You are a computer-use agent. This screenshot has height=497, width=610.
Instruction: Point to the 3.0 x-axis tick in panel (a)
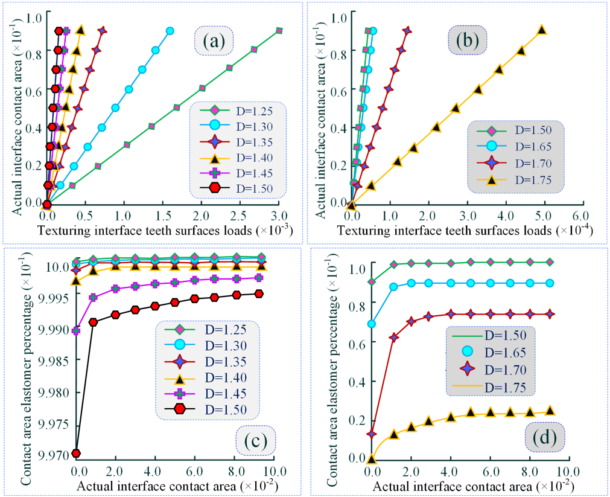(279, 215)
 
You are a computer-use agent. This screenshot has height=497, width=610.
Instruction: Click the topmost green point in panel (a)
(279, 30)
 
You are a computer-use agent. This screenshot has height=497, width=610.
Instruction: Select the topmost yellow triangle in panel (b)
(542, 30)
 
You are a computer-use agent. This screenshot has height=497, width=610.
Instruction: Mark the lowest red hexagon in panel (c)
(77, 453)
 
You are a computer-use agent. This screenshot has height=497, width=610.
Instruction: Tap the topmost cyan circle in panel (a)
(170, 30)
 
